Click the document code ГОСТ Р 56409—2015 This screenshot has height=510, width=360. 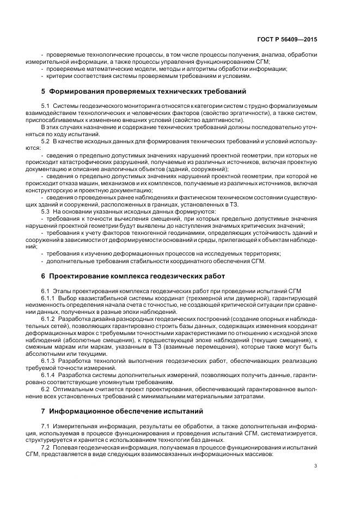coord(288,40)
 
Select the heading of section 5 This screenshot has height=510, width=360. coord(144,91)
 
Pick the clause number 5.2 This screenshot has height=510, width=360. coord(46,141)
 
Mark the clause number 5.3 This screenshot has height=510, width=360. coord(46,211)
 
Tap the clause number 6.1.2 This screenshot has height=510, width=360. coord(48,318)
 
